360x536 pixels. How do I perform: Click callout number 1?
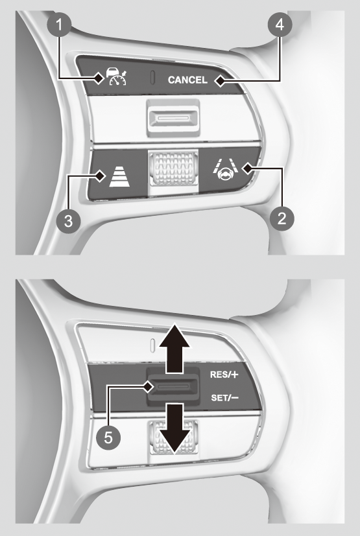click(59, 25)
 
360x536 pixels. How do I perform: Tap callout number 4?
click(280, 25)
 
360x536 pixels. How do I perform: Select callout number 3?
click(69, 220)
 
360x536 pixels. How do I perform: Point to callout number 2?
click(282, 218)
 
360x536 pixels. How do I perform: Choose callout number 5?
click(108, 437)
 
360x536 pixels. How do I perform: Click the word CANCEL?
click(187, 80)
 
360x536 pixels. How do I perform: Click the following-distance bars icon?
click(119, 176)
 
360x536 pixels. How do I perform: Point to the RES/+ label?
click(224, 375)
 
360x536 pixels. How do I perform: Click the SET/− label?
click(224, 397)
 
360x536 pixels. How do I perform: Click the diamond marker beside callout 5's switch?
click(148, 387)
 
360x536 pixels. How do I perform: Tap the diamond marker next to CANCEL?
click(220, 81)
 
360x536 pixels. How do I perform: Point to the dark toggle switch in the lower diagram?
click(173, 387)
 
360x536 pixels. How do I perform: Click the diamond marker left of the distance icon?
click(101, 176)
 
